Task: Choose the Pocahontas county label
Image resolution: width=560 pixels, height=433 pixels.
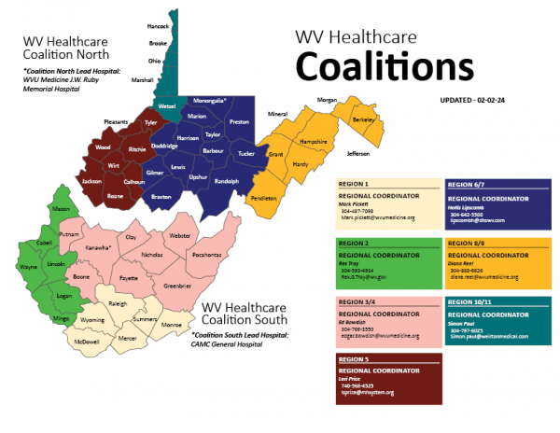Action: tap(206, 254)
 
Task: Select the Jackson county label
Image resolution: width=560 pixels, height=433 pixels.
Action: tap(91, 180)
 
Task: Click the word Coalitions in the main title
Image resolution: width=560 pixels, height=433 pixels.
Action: tap(381, 67)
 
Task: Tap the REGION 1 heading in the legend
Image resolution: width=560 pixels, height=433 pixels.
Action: tap(353, 185)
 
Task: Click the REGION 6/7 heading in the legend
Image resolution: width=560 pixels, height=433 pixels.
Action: tap(466, 185)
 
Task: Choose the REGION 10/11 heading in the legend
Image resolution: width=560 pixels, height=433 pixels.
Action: tap(469, 300)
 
